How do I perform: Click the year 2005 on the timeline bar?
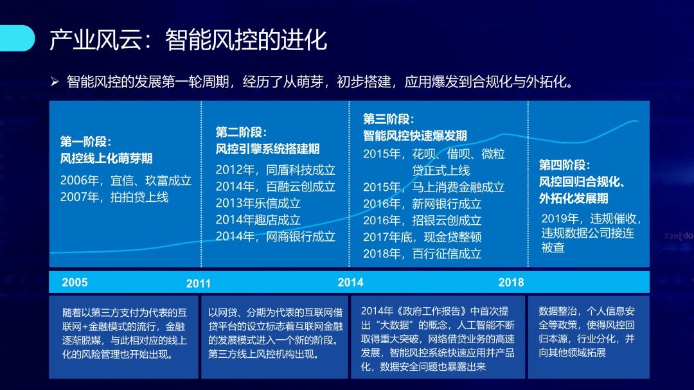click(x=75, y=283)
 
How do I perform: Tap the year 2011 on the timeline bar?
click(x=199, y=284)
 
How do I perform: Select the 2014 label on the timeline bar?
click(x=351, y=283)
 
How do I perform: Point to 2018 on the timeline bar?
click(x=512, y=283)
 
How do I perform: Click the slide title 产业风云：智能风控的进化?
click(x=188, y=40)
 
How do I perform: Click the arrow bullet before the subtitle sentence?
click(x=55, y=82)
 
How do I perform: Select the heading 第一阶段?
click(x=86, y=141)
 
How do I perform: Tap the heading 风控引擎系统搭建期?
click(x=267, y=149)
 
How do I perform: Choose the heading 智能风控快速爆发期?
click(x=414, y=136)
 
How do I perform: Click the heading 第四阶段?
click(x=564, y=165)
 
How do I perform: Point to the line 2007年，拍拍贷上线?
click(x=114, y=197)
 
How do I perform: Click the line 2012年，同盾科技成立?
click(x=275, y=170)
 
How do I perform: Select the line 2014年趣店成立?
click(x=258, y=220)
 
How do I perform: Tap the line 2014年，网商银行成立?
click(x=275, y=236)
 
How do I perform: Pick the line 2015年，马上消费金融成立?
click(x=434, y=187)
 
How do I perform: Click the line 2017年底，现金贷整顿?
click(x=422, y=237)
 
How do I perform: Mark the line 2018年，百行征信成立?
click(x=422, y=254)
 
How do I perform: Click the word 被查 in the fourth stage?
click(x=553, y=247)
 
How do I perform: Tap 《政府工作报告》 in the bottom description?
click(x=430, y=311)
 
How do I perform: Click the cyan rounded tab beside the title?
click(x=17, y=38)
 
